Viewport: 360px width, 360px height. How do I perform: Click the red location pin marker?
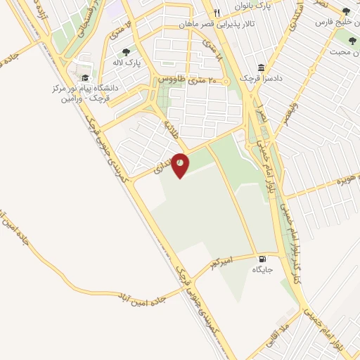181,165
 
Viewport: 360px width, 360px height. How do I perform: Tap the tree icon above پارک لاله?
126,51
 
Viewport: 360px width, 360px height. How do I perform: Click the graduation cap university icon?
85,78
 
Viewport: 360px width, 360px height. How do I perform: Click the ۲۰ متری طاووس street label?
189,80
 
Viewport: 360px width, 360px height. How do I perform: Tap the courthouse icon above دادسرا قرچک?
262,67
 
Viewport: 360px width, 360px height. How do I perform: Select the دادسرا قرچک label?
262,79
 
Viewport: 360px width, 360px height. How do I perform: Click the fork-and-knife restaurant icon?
217,13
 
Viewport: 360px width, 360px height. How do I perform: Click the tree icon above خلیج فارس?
345,11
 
